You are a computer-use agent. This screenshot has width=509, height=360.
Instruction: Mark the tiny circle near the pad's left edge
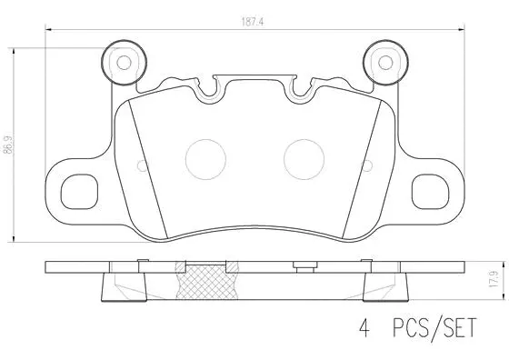tap(140, 165)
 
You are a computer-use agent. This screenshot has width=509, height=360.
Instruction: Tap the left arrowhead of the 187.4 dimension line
tap(48, 31)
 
